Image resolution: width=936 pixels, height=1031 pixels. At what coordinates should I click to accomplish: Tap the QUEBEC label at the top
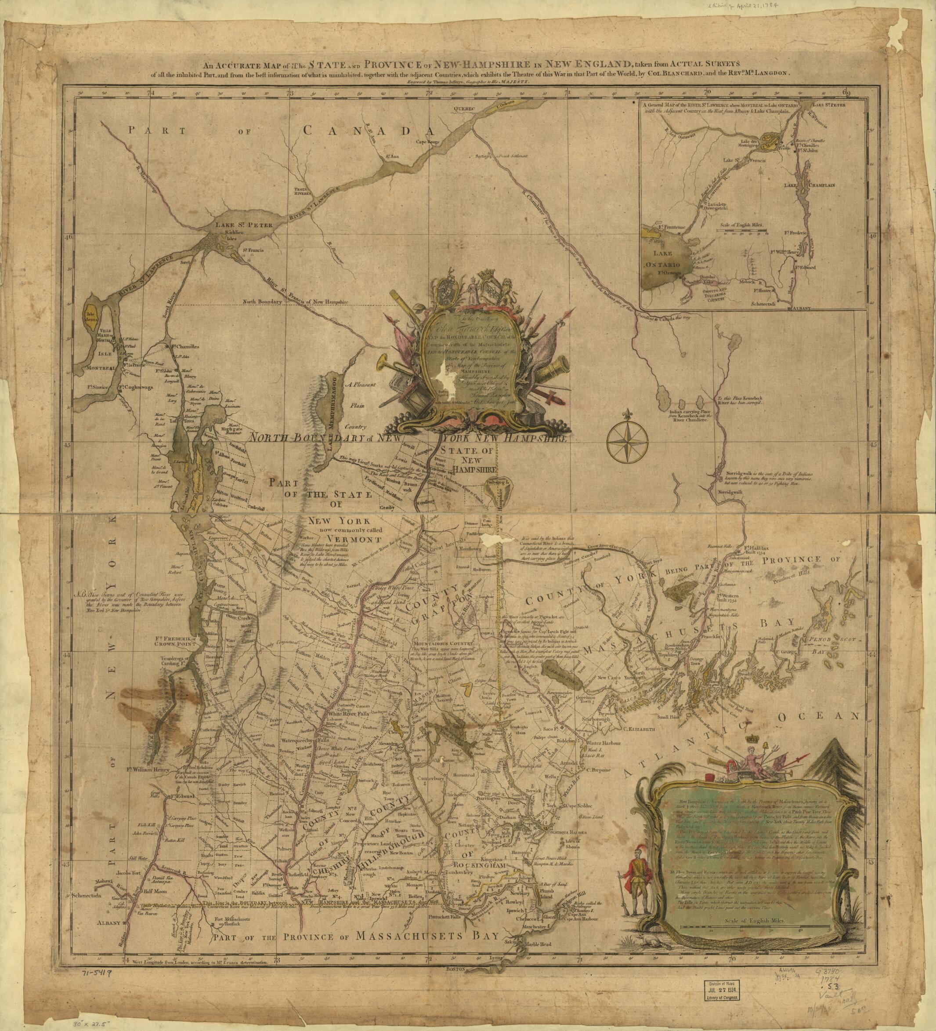click(x=464, y=109)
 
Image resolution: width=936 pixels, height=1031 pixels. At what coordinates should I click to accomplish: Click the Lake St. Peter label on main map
click(x=238, y=225)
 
